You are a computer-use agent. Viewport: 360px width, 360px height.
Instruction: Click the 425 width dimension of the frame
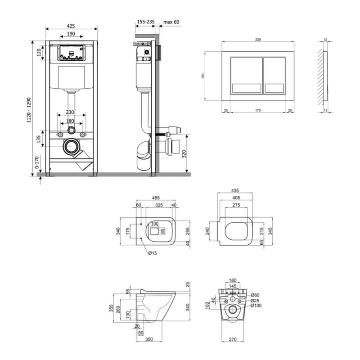pyautogui.click(x=71, y=26)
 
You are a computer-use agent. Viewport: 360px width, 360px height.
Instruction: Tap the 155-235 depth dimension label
pyautogui.click(x=145, y=22)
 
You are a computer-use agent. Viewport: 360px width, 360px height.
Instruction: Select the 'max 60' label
pyautogui.click(x=171, y=22)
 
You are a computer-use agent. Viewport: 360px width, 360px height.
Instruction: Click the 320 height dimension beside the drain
pyautogui.click(x=184, y=154)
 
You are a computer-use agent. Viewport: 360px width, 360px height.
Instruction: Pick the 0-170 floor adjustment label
pyautogui.click(x=37, y=162)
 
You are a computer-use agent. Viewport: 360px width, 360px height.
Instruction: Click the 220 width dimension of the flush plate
pyautogui.click(x=258, y=40)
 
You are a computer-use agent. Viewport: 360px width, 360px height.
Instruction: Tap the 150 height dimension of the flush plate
pyautogui.click(x=203, y=76)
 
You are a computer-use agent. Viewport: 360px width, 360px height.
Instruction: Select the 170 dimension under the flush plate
pyautogui.click(x=258, y=110)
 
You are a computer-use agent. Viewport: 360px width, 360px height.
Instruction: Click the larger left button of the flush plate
pyautogui.click(x=246, y=76)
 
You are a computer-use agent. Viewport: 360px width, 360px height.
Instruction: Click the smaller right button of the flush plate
pyautogui.click(x=274, y=76)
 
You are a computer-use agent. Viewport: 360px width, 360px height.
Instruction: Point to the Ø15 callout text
pyautogui.click(x=153, y=253)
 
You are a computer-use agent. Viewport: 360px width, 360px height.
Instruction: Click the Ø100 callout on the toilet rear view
pyautogui.click(x=256, y=306)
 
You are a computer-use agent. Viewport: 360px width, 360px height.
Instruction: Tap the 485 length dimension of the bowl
pyautogui.click(x=156, y=198)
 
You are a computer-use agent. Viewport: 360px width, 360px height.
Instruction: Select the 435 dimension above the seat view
pyautogui.click(x=235, y=190)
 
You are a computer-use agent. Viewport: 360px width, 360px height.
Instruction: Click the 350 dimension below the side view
pyautogui.click(x=149, y=339)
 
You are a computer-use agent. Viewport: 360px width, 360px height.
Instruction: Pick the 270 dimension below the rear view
pyautogui.click(x=233, y=339)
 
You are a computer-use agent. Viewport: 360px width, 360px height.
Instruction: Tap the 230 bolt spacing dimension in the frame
pyautogui.click(x=70, y=112)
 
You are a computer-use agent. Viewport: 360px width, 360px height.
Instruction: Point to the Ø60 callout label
pyautogui.click(x=255, y=295)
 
